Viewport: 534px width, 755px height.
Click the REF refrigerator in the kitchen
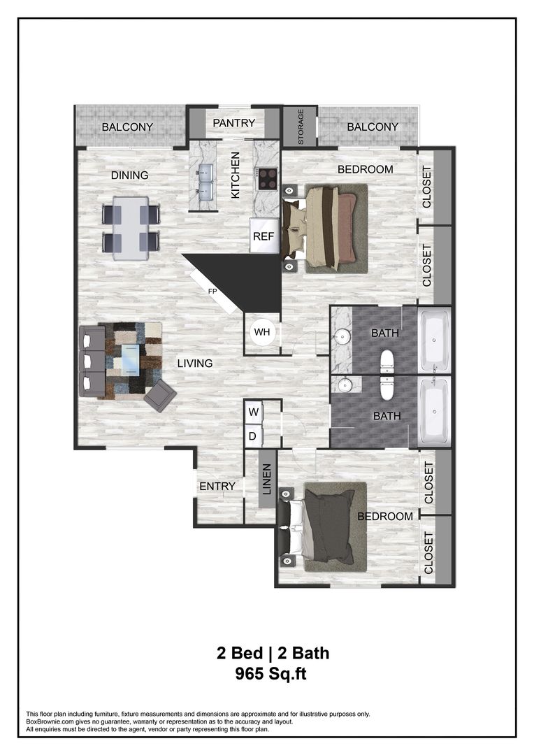[264, 236]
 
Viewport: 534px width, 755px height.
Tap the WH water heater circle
[262, 331]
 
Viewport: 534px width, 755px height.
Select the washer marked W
[254, 412]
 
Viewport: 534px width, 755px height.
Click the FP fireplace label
[212, 291]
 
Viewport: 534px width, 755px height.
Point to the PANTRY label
[234, 124]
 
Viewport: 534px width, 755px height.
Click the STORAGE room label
[301, 127]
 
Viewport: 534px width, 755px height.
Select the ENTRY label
[217, 487]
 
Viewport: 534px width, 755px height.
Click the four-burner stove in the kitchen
[266, 180]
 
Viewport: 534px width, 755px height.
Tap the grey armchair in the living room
[160, 396]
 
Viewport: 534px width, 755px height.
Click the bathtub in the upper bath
[434, 342]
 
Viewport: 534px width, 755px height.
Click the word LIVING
[194, 364]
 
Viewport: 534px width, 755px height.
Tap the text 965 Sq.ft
[272, 675]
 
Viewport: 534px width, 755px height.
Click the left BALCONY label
[128, 127]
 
